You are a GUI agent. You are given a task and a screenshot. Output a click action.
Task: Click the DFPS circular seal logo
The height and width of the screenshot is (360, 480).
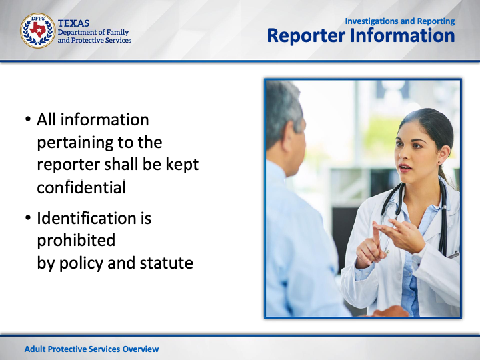tap(37, 30)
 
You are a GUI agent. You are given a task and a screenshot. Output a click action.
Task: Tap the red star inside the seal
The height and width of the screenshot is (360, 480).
tap(38, 29)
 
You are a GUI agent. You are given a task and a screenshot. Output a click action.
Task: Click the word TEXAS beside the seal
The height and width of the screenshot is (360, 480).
tap(73, 23)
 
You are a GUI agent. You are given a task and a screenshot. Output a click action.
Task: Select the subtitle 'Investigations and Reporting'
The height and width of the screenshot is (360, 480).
tap(400, 21)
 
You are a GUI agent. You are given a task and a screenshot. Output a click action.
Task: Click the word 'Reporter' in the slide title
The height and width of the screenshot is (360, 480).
tap(306, 35)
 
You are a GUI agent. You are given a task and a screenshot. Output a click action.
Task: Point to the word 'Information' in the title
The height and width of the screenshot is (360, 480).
tap(402, 35)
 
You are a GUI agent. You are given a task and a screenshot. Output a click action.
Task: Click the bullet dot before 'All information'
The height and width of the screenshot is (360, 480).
tap(28, 119)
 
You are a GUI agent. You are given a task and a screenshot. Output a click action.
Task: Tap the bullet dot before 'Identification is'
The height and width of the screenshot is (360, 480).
tap(28, 217)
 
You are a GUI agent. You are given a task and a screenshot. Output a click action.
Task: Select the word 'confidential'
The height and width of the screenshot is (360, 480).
tap(81, 187)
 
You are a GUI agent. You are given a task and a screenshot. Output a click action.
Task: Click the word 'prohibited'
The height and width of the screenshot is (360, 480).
tap(76, 240)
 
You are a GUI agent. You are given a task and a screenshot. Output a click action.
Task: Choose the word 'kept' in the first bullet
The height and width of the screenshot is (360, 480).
tap(182, 165)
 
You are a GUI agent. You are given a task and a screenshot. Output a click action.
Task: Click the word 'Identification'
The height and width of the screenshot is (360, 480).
tap(87, 218)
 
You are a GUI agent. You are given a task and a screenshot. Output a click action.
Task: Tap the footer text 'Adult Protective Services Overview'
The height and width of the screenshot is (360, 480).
tap(91, 349)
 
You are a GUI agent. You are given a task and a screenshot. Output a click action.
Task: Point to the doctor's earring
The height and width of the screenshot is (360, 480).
tap(439, 163)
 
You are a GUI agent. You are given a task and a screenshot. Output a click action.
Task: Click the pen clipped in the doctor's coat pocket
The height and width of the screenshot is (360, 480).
tap(453, 255)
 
